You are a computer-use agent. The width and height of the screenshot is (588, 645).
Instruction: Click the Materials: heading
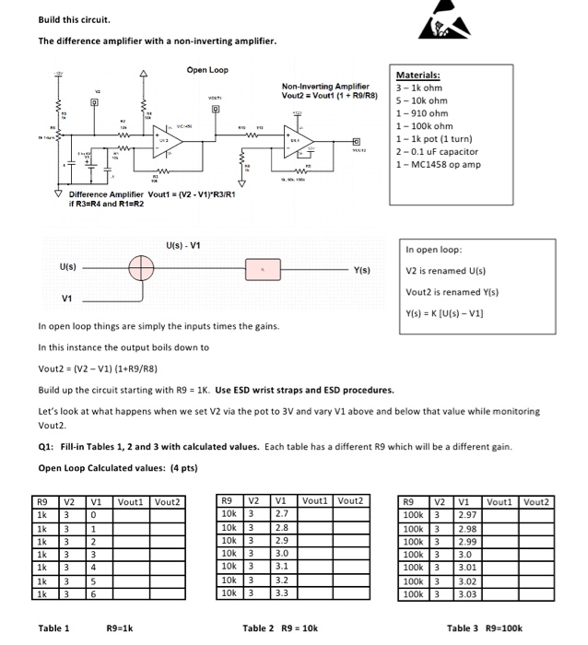pyautogui.click(x=417, y=76)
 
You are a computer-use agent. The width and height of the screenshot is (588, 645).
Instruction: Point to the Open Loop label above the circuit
pyautogui.click(x=206, y=69)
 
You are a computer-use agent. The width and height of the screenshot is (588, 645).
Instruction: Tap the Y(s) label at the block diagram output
pyautogui.click(x=361, y=270)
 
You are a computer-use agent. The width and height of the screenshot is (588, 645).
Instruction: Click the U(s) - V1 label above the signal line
pyautogui.click(x=183, y=245)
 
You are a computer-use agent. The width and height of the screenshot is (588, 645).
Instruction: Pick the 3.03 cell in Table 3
pyautogui.click(x=469, y=595)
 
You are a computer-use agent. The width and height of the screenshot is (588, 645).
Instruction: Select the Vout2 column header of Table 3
pyautogui.click(x=536, y=501)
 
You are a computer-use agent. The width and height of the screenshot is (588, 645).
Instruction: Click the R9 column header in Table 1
pyautogui.click(x=41, y=501)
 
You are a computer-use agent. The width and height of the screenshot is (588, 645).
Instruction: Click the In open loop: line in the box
pyautogui.click(x=434, y=250)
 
